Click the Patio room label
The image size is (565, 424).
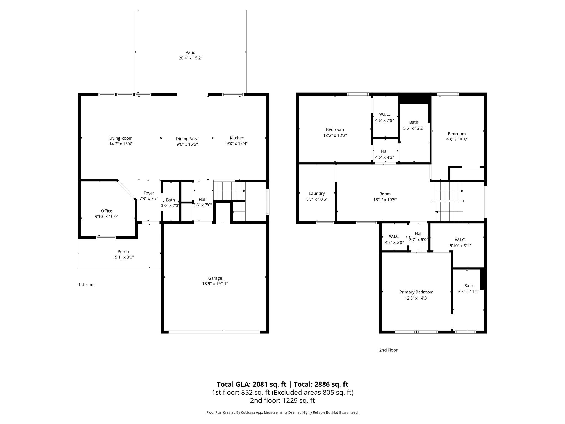click(x=190, y=52)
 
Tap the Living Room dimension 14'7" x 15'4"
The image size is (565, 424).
click(x=121, y=144)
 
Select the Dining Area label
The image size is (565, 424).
click(x=187, y=139)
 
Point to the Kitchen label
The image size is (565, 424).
click(x=237, y=138)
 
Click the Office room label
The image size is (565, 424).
click(x=106, y=211)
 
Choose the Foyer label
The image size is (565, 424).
click(x=149, y=193)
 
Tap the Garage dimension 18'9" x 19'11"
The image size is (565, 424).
click(x=215, y=284)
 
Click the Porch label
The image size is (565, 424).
click(x=123, y=251)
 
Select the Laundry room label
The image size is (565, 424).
click(x=317, y=194)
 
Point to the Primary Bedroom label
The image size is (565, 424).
click(x=416, y=292)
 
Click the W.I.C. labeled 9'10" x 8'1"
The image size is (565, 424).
click(x=460, y=240)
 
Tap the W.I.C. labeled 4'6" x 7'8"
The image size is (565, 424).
click(x=384, y=114)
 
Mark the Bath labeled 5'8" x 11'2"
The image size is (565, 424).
click(x=468, y=286)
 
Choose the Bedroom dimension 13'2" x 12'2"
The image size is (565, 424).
click(x=335, y=136)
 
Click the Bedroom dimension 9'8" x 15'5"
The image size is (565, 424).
click(x=457, y=140)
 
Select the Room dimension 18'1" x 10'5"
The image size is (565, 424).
click(x=385, y=200)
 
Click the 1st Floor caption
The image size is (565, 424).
click(x=87, y=285)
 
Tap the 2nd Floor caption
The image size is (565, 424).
click(x=388, y=350)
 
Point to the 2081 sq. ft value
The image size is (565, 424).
click(x=269, y=384)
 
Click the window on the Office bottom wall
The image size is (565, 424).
click(x=106, y=237)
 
